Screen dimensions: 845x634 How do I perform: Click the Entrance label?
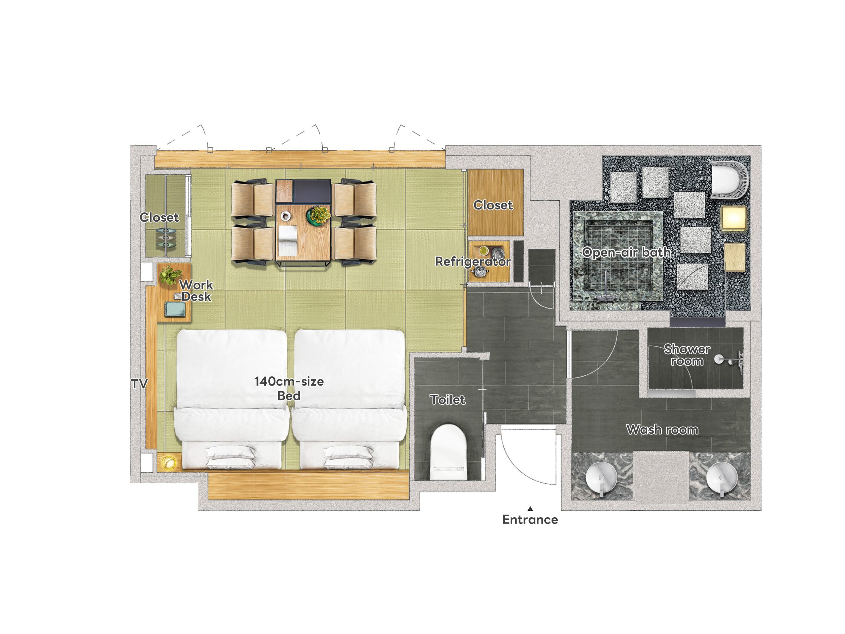pyautogui.click(x=530, y=520)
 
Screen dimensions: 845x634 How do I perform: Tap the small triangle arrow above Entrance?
pyautogui.click(x=530, y=508)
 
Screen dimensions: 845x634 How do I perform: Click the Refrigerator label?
pyautogui.click(x=473, y=262)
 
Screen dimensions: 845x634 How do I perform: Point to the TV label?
pyautogui.click(x=139, y=384)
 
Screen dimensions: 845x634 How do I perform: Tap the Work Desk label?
pyautogui.click(x=196, y=291)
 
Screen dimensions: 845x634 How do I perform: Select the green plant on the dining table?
pyautogui.click(x=318, y=214)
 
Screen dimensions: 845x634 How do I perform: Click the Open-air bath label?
pyautogui.click(x=626, y=252)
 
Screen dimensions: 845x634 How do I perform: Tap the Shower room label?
pyautogui.click(x=687, y=355)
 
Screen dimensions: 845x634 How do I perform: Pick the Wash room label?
pyautogui.click(x=662, y=430)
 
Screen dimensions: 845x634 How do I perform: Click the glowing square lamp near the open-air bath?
pyautogui.click(x=733, y=218)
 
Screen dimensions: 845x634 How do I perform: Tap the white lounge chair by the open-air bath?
pyautogui.click(x=729, y=180)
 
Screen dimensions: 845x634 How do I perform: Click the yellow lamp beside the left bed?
pyautogui.click(x=168, y=462)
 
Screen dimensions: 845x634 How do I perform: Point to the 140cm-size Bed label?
pyautogui.click(x=289, y=388)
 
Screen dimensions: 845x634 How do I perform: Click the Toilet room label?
pyautogui.click(x=448, y=400)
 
